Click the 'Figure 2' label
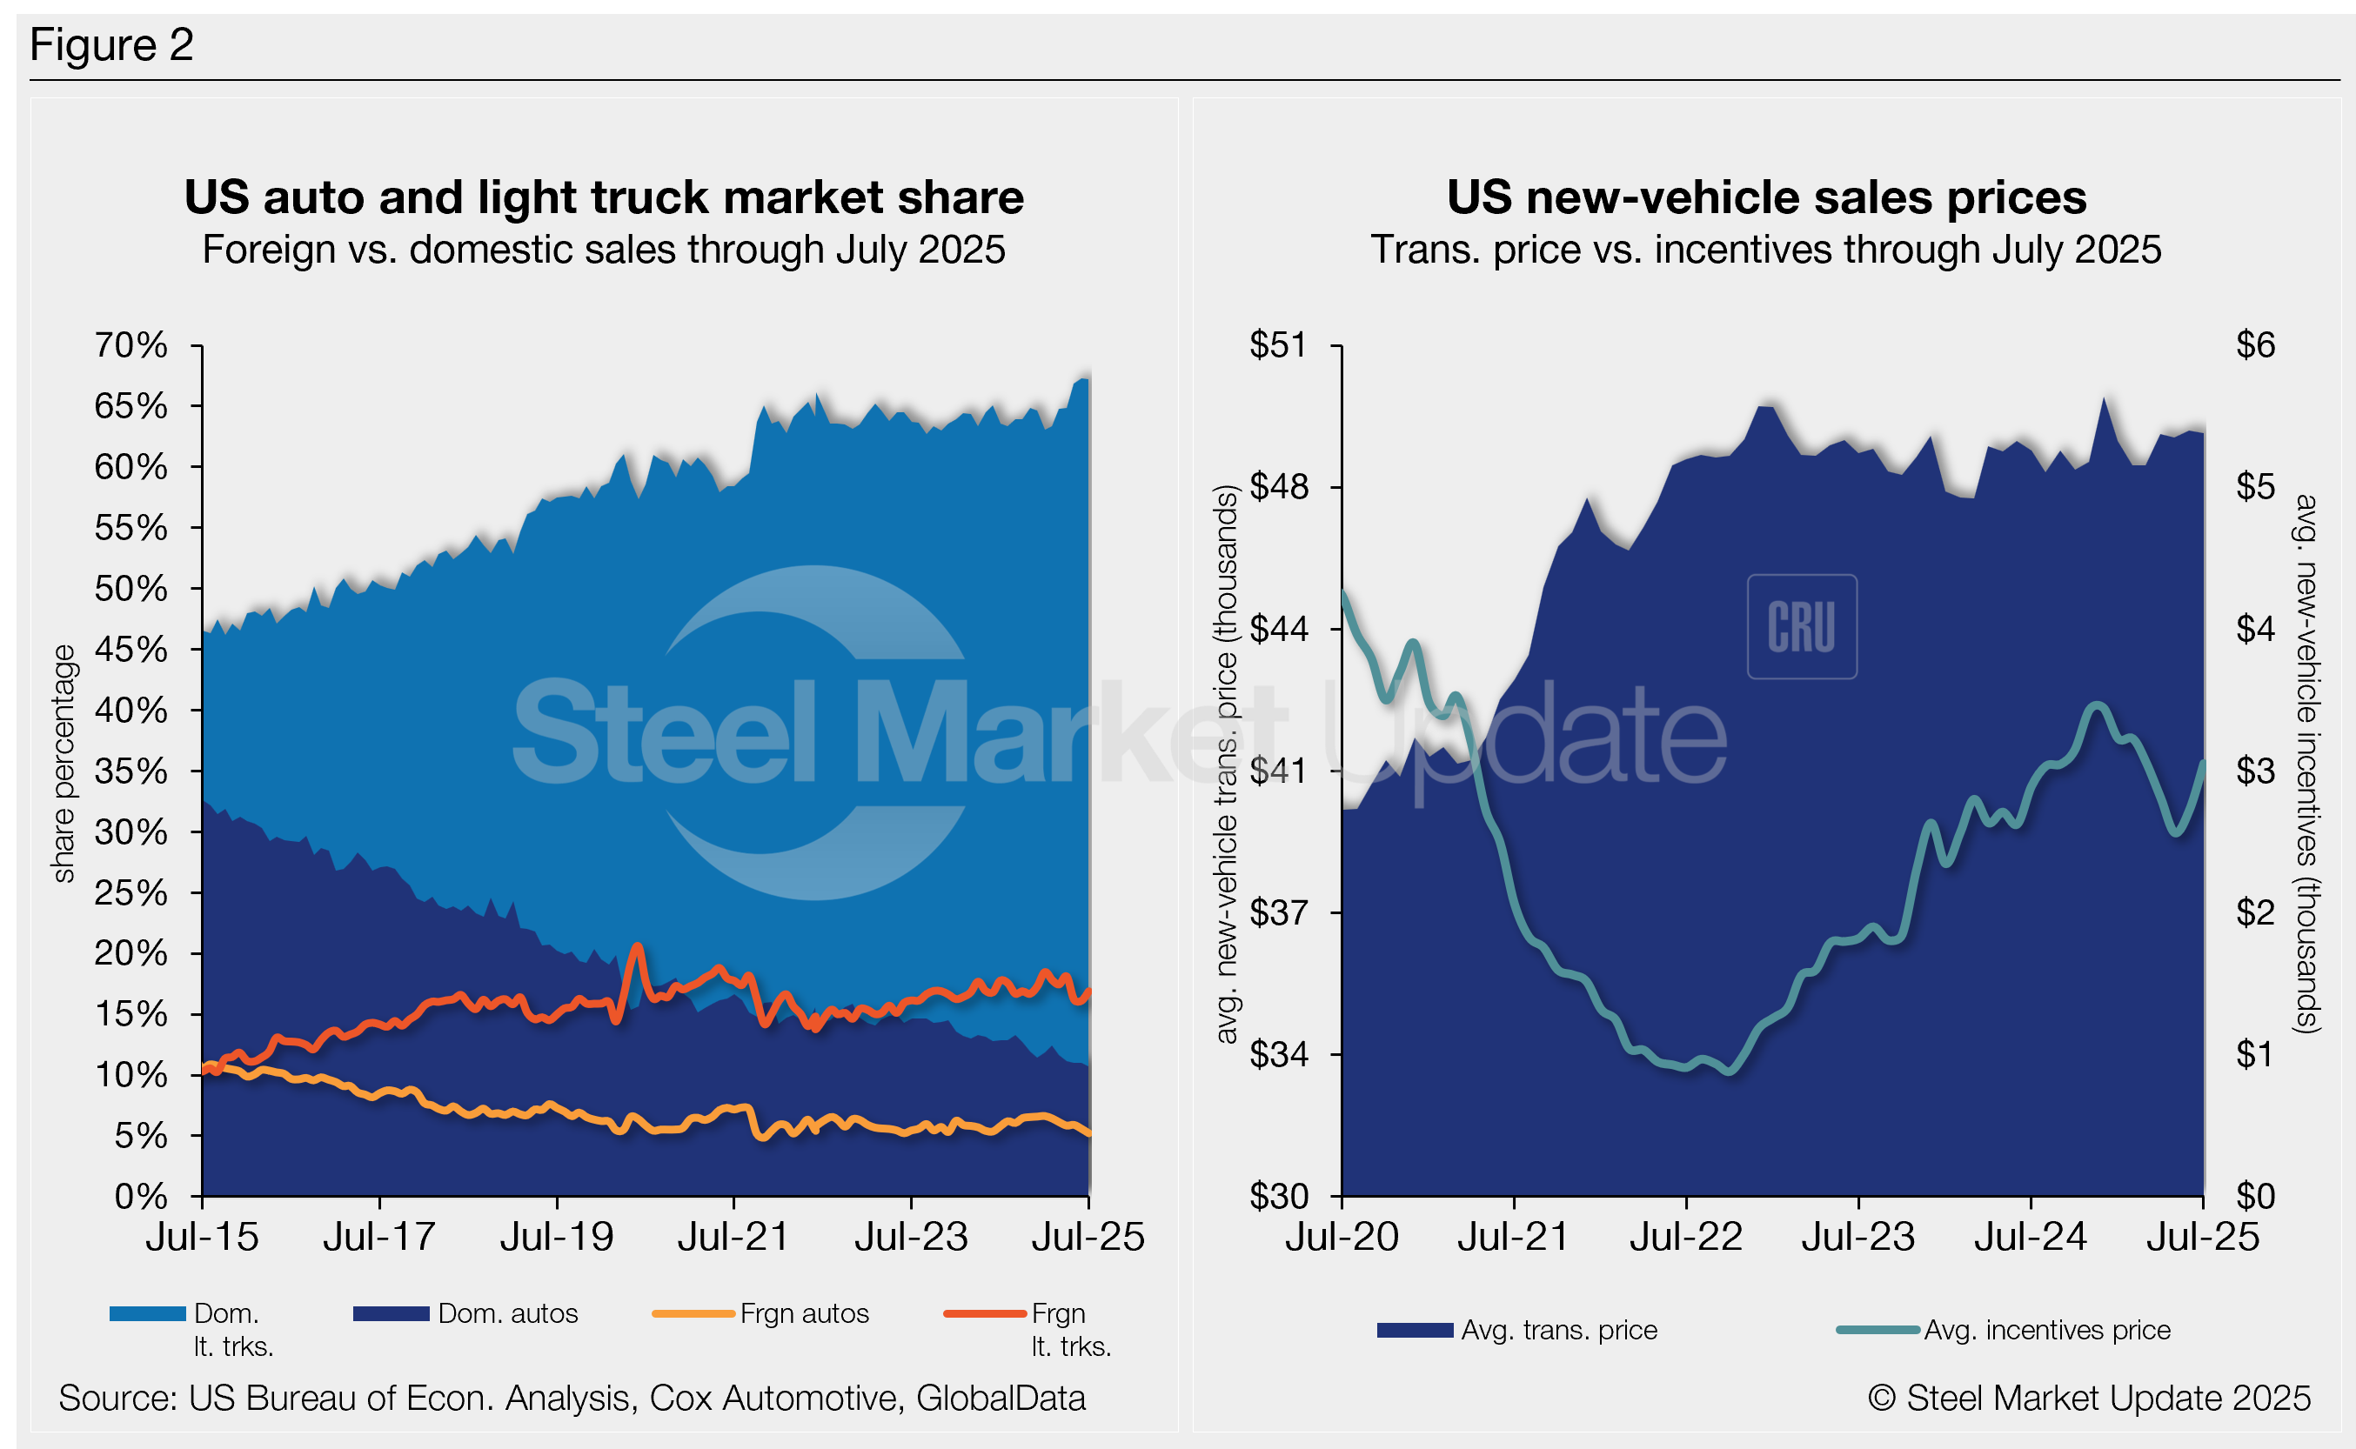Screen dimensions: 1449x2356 (x=111, y=45)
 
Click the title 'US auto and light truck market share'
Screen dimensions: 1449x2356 (x=604, y=197)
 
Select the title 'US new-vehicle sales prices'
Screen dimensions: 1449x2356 (x=1765, y=197)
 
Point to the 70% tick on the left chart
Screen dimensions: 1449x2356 (x=131, y=345)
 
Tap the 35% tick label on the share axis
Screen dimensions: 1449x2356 (x=131, y=771)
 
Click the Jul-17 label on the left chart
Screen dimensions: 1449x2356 (x=379, y=1237)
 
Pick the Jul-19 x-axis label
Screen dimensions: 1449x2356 (x=557, y=1237)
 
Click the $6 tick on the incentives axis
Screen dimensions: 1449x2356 (x=2254, y=345)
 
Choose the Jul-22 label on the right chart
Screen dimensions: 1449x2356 (x=1685, y=1237)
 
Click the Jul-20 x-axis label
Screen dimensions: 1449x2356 (x=1341, y=1237)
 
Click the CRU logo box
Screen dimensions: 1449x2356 (x=1801, y=627)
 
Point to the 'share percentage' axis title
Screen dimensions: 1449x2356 (x=64, y=763)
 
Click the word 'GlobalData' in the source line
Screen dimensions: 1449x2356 (x=1000, y=1399)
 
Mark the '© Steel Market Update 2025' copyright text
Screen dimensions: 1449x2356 (x=2089, y=1399)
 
